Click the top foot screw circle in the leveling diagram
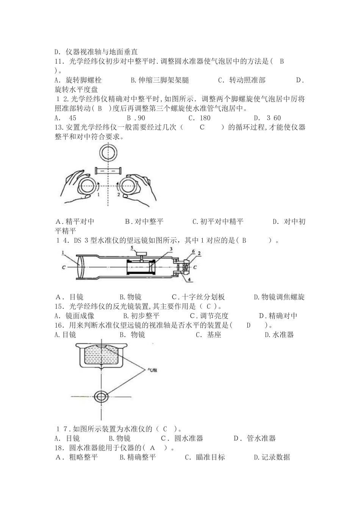tap(108, 154)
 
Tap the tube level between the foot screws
tap(108, 171)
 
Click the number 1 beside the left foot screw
tap(98, 195)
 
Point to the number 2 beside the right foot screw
tap(118, 195)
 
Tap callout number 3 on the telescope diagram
tap(171, 249)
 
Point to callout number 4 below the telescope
tap(190, 280)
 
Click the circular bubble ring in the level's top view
tap(101, 396)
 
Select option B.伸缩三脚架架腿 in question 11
tap(160, 80)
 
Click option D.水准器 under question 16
tap(279, 334)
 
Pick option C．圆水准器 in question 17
tap(182, 439)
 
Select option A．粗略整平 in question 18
tap(77, 457)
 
